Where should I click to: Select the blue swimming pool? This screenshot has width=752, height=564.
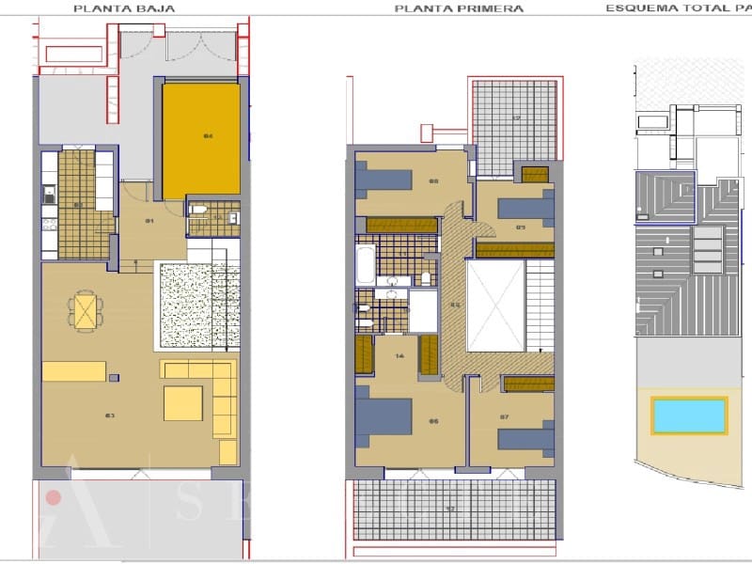pyautogui.click(x=689, y=415)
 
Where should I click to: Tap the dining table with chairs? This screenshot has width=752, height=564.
pyautogui.click(x=86, y=309)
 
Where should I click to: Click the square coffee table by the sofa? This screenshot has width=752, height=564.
pyautogui.click(x=183, y=402)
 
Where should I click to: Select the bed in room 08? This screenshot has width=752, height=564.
pyautogui.click(x=385, y=181)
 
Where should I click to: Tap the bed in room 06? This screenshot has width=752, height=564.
pyautogui.click(x=384, y=416)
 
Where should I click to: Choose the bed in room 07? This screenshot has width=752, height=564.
pyautogui.click(x=525, y=438)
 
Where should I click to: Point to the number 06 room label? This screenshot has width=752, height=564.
pyautogui.click(x=433, y=421)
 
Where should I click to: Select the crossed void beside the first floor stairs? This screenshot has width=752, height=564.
pyautogui.click(x=495, y=304)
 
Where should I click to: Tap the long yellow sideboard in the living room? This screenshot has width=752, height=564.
pyautogui.click(x=74, y=371)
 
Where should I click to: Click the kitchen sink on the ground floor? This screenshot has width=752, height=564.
pyautogui.click(x=48, y=196)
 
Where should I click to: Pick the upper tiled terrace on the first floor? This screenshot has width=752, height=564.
pyautogui.click(x=514, y=120)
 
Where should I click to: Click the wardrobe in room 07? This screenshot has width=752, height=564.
pyautogui.click(x=528, y=384)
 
